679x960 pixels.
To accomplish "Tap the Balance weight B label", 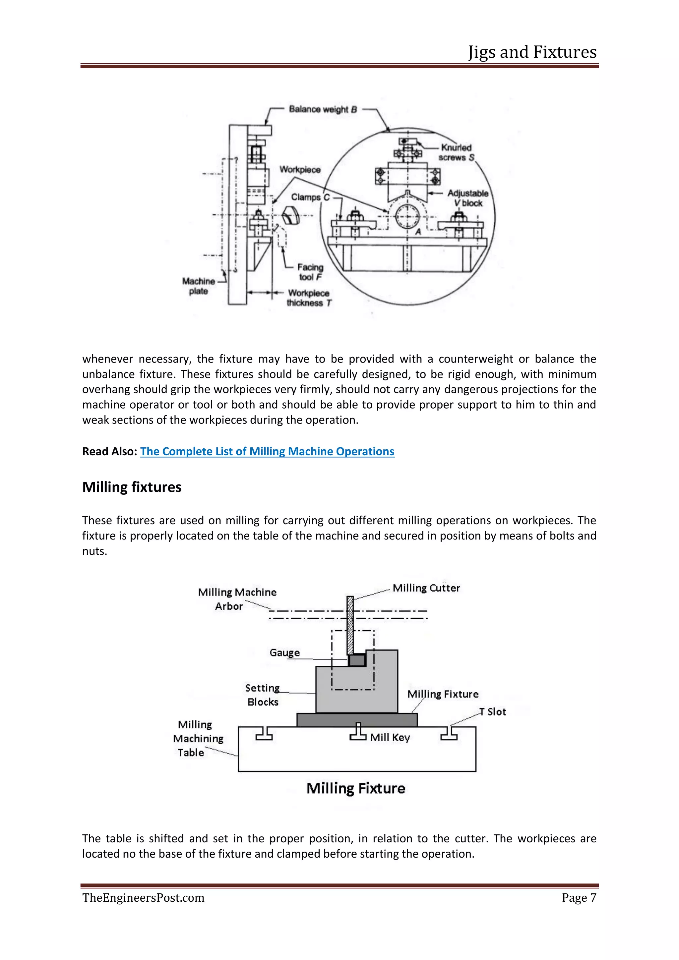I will coord(323,109).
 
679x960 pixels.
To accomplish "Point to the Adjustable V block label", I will coord(468,198).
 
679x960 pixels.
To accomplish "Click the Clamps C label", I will coord(310,197).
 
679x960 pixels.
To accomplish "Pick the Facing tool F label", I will coord(310,272).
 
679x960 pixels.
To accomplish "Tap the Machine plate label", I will coord(199,286).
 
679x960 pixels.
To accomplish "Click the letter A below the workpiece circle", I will coord(417,232).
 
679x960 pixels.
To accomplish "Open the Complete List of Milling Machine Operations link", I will coord(267,452).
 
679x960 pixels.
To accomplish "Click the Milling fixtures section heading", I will coord(132,487).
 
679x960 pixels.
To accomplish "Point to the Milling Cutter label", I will coord(426,588).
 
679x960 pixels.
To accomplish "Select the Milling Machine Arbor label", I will coord(237,599).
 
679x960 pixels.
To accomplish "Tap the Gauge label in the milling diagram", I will coord(284,653).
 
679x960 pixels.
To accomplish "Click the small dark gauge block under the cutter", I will coord(357,660).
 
